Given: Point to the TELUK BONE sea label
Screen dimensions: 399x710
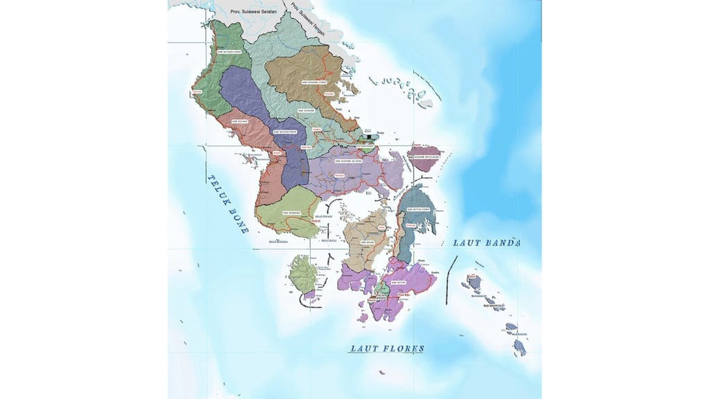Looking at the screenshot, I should [x=227, y=203].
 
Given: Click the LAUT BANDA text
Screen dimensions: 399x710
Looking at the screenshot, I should [x=486, y=243].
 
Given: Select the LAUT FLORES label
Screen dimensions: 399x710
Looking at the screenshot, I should [x=387, y=348].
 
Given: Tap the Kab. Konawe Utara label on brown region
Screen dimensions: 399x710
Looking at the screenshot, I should [x=313, y=81].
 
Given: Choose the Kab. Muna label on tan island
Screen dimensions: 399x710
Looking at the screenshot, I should [x=367, y=242].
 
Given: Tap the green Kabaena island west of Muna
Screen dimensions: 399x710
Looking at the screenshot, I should [x=302, y=274].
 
